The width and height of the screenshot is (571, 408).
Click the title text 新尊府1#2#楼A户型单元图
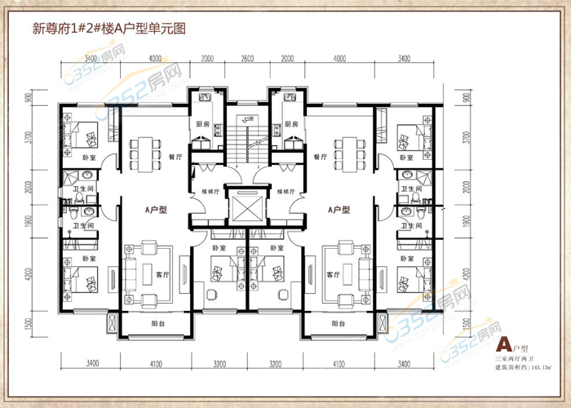[x=109, y=28]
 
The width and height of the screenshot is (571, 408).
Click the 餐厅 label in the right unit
[x=321, y=157]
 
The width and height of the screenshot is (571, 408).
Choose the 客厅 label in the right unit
[x=332, y=275]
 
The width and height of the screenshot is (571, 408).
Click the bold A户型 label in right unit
[x=339, y=210]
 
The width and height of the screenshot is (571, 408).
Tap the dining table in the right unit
[x=351, y=152]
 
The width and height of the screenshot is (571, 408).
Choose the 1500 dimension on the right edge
[x=466, y=324]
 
